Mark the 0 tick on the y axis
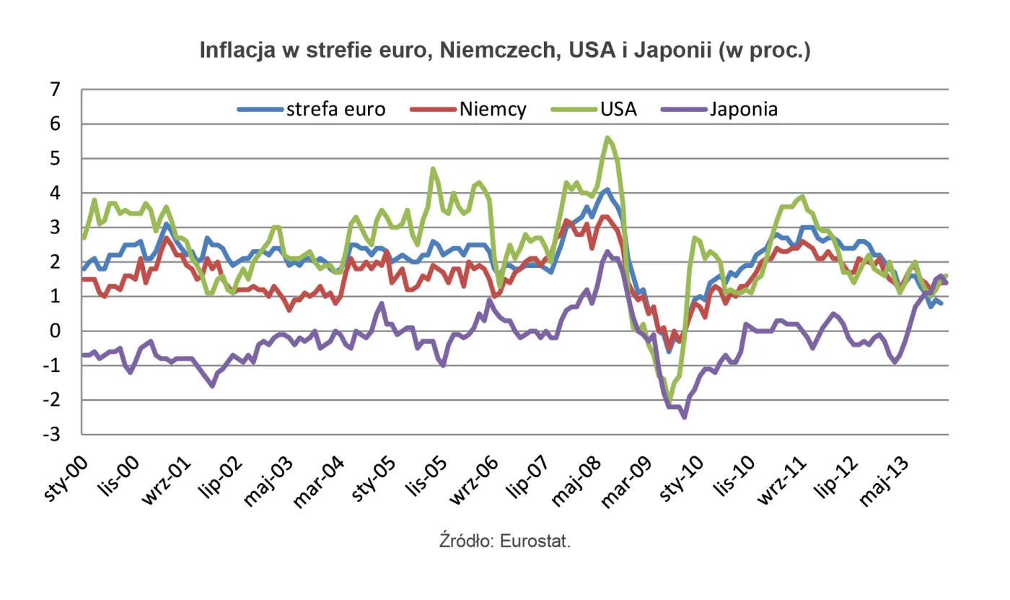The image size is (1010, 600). (x=56, y=331)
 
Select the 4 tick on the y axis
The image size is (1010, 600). (x=56, y=193)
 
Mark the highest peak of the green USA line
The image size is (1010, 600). (x=608, y=137)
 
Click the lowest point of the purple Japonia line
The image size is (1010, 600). (x=684, y=417)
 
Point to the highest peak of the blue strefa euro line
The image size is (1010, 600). (x=607, y=190)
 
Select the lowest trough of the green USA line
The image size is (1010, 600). (x=669, y=401)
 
